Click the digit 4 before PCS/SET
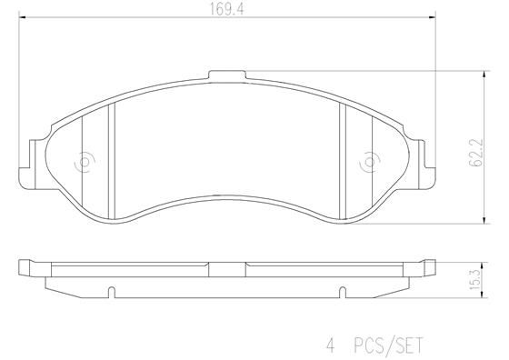tap(331, 345)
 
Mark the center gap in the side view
tap(226, 266)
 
